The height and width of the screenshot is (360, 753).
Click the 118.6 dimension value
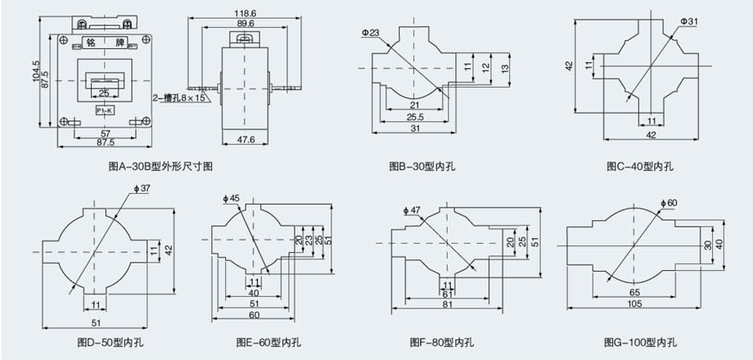241,13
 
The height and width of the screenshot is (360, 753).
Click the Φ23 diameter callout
370,33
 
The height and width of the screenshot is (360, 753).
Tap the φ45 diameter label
231,198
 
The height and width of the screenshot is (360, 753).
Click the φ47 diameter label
411,210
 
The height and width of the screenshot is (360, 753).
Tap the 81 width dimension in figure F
447,304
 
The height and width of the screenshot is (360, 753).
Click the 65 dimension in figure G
635,291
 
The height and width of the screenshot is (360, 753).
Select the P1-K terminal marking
104,110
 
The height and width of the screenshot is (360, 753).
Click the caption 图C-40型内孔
640,166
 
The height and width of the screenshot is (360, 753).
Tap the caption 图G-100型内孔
640,341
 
